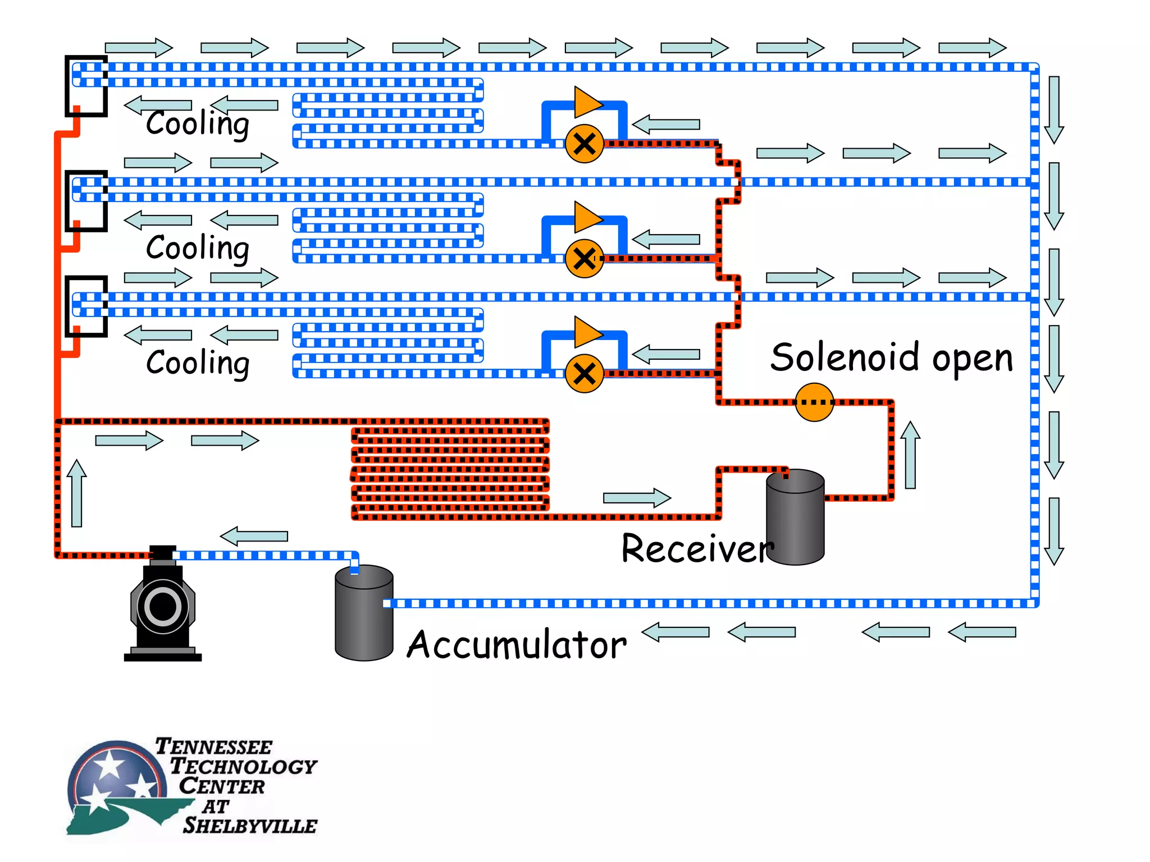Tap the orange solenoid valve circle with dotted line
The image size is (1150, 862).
[x=814, y=402]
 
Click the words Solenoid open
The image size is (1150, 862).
[x=891, y=357]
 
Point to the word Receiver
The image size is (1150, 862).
[x=697, y=548]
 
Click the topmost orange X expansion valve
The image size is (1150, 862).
[x=584, y=144]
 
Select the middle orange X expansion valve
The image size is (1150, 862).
[x=584, y=259]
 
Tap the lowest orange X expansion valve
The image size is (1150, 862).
[x=584, y=374]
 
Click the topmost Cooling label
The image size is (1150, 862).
[x=197, y=123]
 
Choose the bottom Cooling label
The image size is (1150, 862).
[x=197, y=363]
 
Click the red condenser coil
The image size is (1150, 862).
[x=449, y=469]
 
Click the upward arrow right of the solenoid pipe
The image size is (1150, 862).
[x=910, y=455]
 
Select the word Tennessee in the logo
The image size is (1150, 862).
[x=213, y=747]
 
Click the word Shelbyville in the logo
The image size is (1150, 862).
[x=250, y=826]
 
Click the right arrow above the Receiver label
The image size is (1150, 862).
[x=637, y=498]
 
